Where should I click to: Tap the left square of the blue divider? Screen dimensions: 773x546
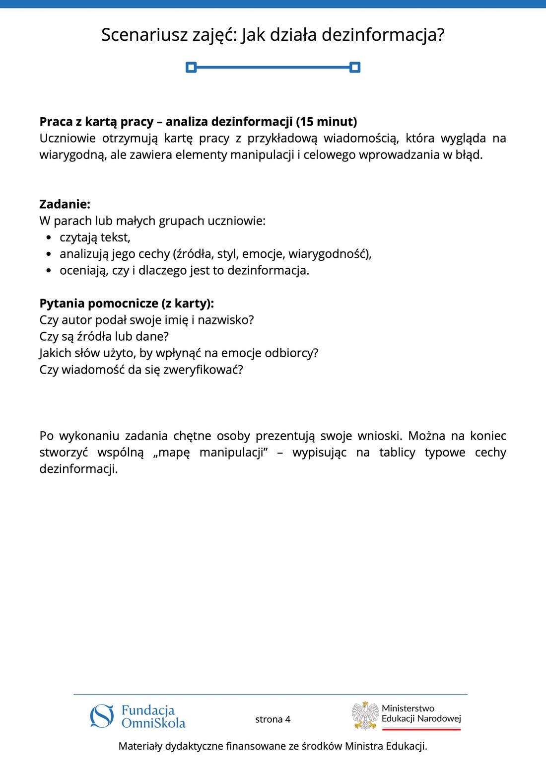191,67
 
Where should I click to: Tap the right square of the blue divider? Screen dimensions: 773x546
354,67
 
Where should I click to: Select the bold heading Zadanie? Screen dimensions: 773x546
65,204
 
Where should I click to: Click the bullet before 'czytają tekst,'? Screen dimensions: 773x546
48,238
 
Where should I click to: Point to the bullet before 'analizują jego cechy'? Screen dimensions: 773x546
48,254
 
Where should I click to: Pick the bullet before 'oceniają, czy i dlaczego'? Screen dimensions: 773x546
48,271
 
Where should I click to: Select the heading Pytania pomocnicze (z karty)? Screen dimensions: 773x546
127,304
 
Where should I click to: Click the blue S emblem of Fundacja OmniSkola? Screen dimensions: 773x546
102,716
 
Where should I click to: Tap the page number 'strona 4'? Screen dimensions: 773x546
273,719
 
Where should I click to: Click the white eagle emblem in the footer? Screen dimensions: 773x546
365,716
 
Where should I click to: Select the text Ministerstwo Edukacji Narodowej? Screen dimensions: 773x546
421,713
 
